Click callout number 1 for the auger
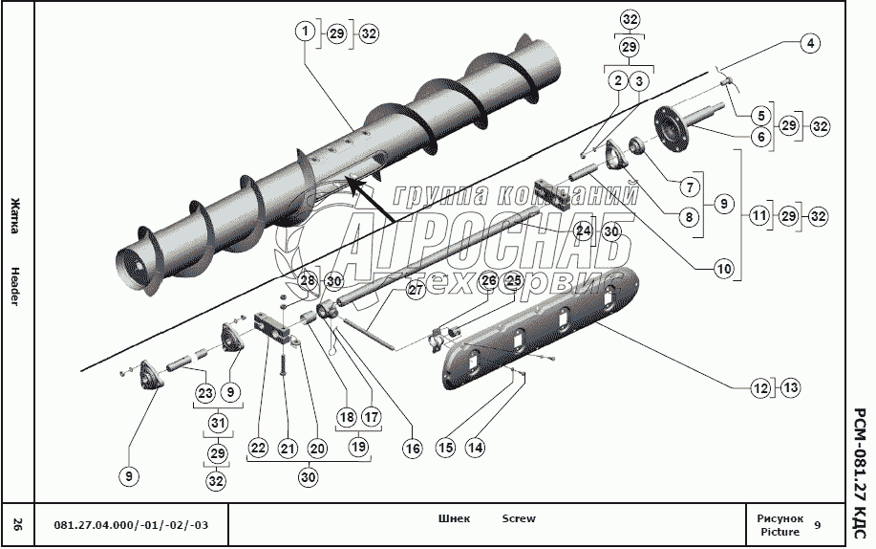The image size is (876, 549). [x=305, y=33]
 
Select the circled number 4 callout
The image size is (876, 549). [x=808, y=43]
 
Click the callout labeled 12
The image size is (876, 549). [x=759, y=388]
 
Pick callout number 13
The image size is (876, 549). [x=789, y=388]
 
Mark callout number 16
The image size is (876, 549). [x=412, y=447]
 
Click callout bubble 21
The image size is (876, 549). [x=288, y=448]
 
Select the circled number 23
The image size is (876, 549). [x=205, y=392]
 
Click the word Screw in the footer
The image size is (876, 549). [x=519, y=519]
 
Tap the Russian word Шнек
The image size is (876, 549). [x=454, y=519]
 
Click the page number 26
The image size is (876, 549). [x=18, y=524]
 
